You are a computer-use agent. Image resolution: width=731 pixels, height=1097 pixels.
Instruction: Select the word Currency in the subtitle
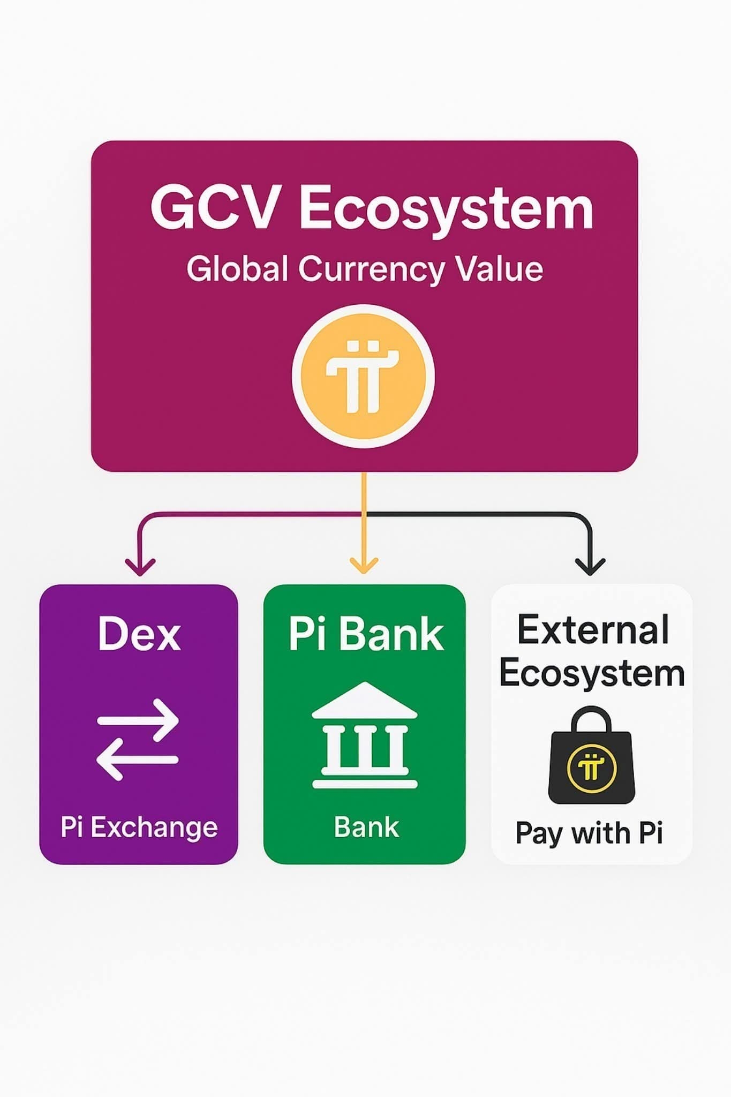click(371, 269)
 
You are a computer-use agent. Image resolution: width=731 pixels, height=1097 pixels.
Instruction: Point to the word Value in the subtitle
click(499, 268)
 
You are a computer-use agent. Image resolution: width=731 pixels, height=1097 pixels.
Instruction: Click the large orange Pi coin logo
click(363, 376)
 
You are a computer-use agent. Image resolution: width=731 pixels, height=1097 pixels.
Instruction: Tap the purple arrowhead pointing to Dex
click(140, 567)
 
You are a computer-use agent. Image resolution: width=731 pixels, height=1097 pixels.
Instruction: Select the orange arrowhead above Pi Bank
click(364, 565)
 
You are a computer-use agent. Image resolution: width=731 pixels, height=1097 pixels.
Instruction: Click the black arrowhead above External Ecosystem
click(590, 567)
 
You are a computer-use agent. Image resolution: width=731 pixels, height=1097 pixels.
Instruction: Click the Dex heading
click(139, 634)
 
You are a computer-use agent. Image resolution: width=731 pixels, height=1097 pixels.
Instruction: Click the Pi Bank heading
click(366, 634)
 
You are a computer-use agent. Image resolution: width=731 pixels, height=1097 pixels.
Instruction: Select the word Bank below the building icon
click(366, 827)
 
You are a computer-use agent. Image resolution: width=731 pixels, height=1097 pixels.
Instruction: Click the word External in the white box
click(593, 630)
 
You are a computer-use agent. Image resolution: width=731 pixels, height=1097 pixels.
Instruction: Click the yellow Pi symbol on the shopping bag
click(591, 768)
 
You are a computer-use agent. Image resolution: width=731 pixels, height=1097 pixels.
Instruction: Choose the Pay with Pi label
click(589, 833)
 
